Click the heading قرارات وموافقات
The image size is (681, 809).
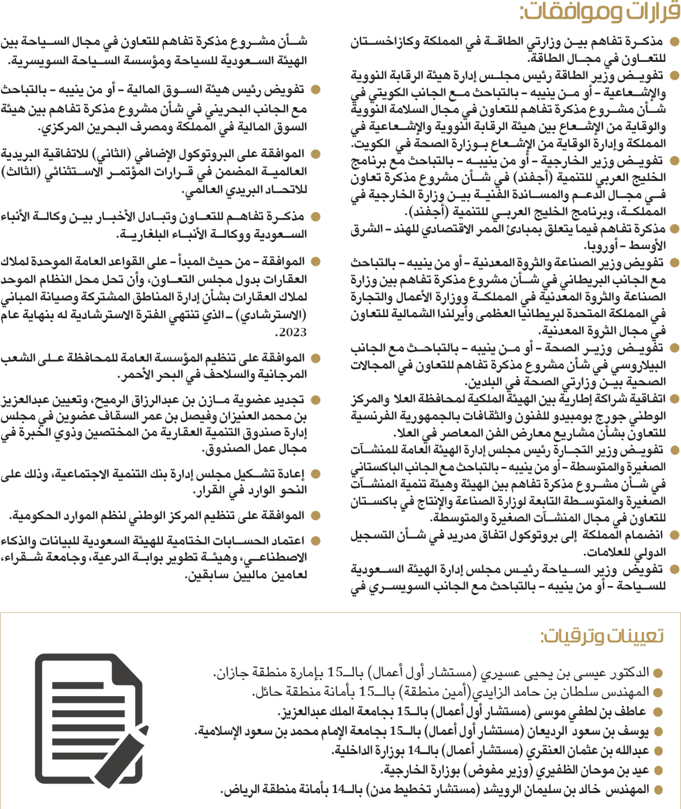[599, 11]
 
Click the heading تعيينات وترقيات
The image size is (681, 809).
[602, 636]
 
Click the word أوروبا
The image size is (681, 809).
[598, 246]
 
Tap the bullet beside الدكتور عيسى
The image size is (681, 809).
[658, 673]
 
